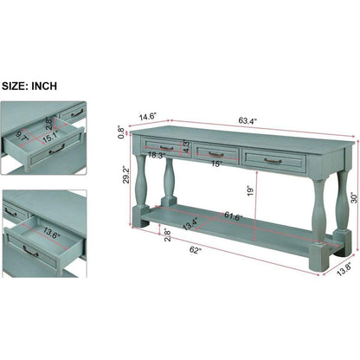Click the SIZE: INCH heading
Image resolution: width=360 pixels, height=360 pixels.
pyautogui.click(x=29, y=86)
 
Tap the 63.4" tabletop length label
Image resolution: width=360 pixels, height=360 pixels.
pyautogui.click(x=247, y=120)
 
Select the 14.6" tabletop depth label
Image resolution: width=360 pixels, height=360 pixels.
pyautogui.click(x=148, y=118)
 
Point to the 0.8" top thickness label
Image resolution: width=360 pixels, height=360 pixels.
pyautogui.click(x=122, y=132)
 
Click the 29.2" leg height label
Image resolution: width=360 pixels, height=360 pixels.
pyautogui.click(x=127, y=175)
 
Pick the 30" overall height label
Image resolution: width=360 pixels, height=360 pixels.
pyautogui.click(x=354, y=198)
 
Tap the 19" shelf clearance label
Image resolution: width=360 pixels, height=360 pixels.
pyautogui.click(x=250, y=190)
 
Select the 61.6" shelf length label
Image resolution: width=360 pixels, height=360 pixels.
pyautogui.click(x=234, y=216)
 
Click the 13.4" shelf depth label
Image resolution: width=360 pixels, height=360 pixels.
pyautogui.click(x=190, y=223)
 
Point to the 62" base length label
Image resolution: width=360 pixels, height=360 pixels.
pyautogui.click(x=196, y=250)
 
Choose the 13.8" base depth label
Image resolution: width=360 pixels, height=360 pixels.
pyautogui.click(x=344, y=269)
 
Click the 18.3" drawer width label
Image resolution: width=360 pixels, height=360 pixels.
pyautogui.click(x=157, y=155)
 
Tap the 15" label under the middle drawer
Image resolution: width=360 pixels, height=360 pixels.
pyautogui.click(x=216, y=164)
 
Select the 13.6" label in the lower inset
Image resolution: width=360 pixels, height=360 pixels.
pyautogui.click(x=52, y=232)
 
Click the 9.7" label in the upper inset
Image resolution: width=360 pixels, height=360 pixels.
pyautogui.click(x=22, y=136)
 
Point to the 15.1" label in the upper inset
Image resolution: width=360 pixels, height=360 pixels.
pyautogui.click(x=50, y=138)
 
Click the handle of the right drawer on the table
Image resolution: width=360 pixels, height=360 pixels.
pyautogui.click(x=273, y=161)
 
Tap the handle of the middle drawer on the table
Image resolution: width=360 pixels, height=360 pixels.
pyautogui.click(x=216, y=154)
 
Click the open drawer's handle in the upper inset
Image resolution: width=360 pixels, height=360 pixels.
pyautogui.click(x=57, y=149)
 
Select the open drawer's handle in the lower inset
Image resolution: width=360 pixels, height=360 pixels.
pyautogui.click(x=30, y=251)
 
